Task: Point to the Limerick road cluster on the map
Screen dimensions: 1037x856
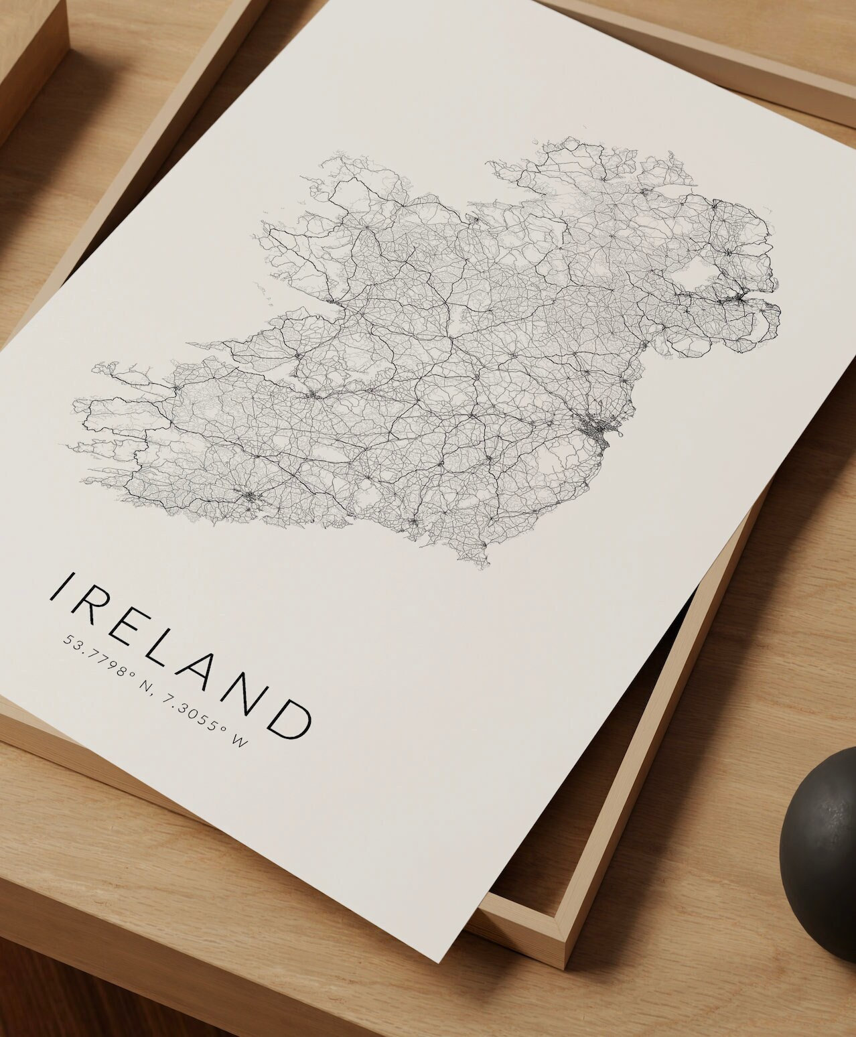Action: coord(312,395)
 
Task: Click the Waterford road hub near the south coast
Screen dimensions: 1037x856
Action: coord(414,522)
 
